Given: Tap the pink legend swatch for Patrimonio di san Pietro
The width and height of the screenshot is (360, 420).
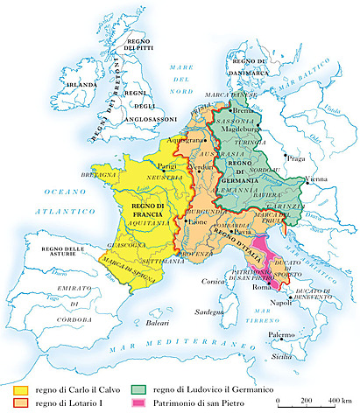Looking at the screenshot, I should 139,403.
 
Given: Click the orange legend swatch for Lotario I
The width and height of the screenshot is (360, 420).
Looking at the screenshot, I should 19,403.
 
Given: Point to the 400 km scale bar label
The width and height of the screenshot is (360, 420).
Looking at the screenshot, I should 339,400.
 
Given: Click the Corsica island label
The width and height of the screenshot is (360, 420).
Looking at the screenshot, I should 215,281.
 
